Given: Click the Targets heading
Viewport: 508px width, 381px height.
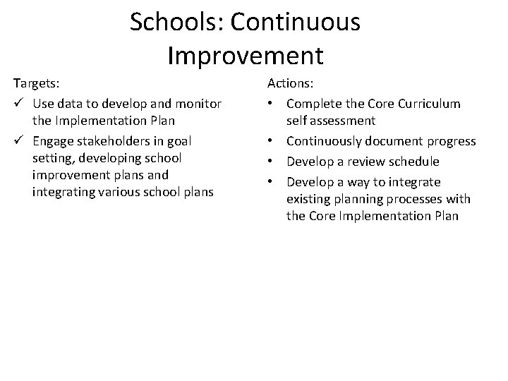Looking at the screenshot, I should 33,84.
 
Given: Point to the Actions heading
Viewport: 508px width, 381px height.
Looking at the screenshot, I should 290,84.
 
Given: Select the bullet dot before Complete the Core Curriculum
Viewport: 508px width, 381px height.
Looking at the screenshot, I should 271,104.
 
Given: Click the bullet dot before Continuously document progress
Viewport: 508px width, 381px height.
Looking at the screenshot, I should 271,142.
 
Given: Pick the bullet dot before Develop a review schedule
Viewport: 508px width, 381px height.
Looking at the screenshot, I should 271,162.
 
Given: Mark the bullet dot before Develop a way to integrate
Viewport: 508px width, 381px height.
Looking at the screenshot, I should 271,182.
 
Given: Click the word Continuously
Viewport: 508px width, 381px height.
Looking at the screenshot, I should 326,141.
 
